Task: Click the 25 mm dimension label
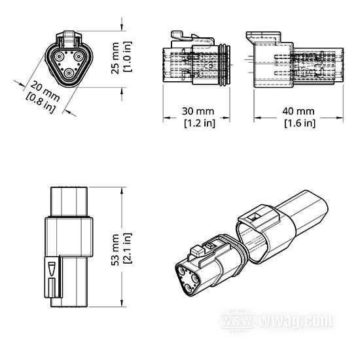(115, 58)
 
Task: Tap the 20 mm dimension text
(45, 91)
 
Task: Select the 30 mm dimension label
(198, 111)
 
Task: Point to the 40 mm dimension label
(298, 111)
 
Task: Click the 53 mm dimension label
(115, 249)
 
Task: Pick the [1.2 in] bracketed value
(200, 123)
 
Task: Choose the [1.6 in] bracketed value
(300, 123)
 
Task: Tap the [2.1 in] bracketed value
(128, 248)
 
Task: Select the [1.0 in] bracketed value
(128, 57)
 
